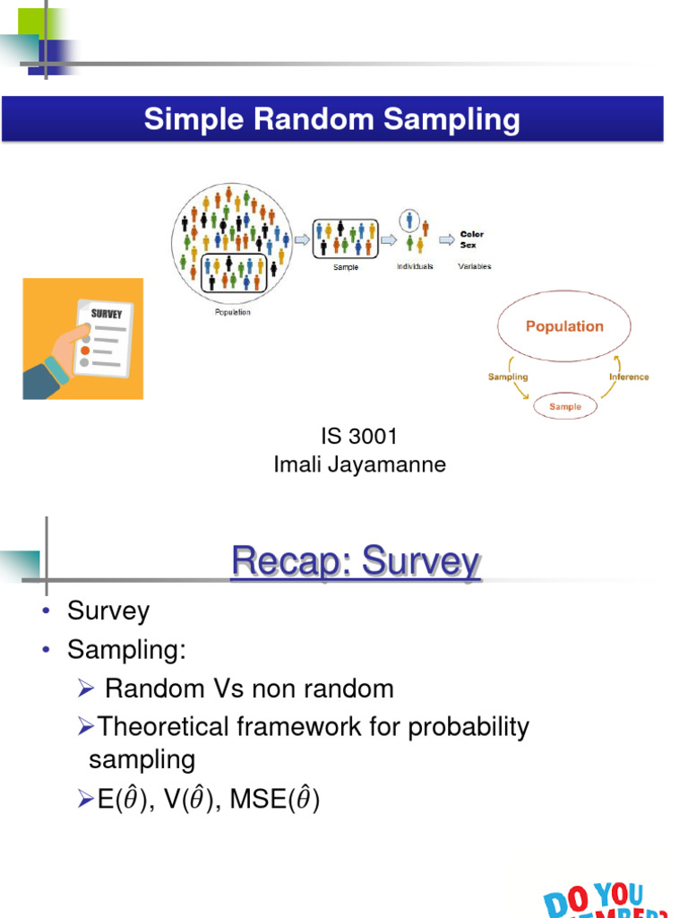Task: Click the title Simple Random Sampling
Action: point(331,120)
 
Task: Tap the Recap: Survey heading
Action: point(356,562)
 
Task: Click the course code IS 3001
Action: point(358,437)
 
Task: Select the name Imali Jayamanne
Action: point(358,465)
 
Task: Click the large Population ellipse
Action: point(564,326)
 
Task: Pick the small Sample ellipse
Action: point(564,406)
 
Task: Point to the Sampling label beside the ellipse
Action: point(508,377)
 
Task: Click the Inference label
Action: point(629,377)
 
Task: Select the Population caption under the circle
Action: point(232,312)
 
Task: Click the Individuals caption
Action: point(414,266)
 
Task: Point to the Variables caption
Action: point(474,266)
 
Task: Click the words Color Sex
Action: point(471,239)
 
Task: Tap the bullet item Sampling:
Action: point(126,650)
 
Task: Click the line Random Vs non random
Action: point(249,688)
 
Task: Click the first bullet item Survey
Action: point(108,611)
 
